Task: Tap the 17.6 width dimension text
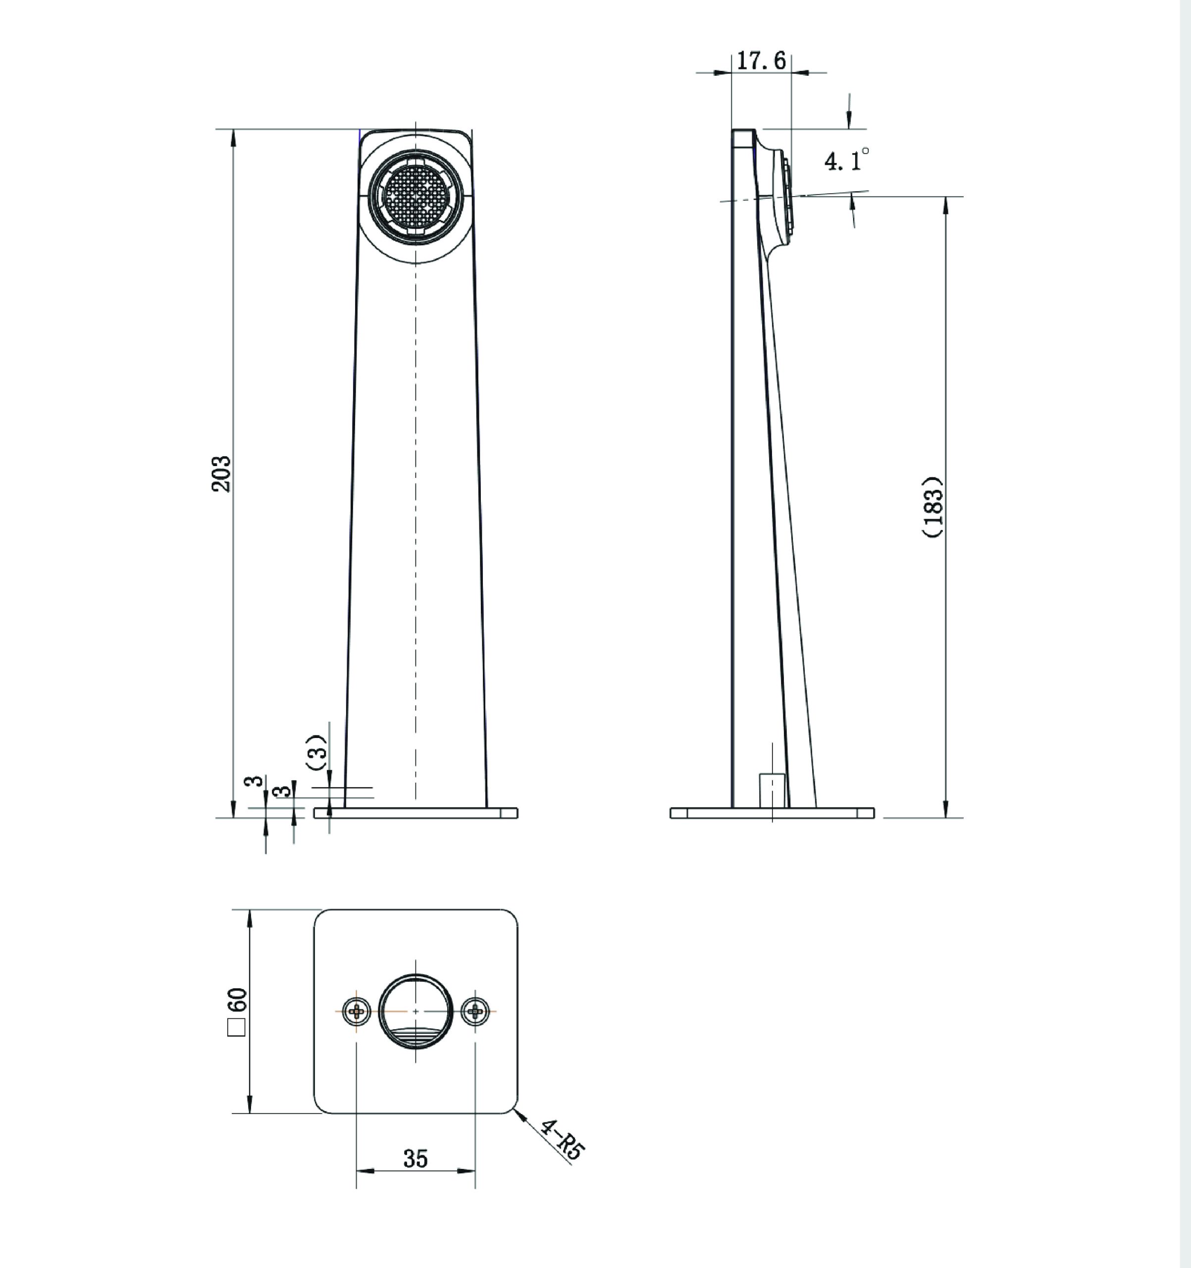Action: click(x=761, y=61)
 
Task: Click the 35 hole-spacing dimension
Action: click(x=415, y=1159)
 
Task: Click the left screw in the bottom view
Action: click(x=357, y=1010)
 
